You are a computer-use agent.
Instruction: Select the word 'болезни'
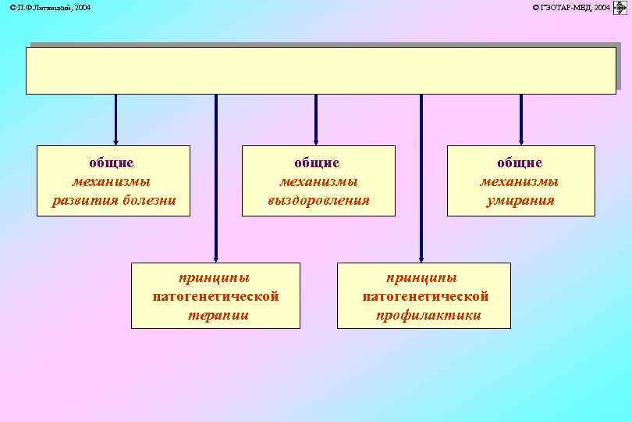(149, 200)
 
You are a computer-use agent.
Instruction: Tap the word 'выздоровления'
(318, 200)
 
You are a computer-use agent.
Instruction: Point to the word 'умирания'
(520, 200)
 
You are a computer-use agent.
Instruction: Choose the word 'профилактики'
(428, 315)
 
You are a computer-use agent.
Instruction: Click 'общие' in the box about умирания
(520, 163)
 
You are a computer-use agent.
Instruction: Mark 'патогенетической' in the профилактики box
(425, 296)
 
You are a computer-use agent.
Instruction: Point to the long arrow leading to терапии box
(216, 180)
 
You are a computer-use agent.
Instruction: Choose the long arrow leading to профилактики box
(421, 180)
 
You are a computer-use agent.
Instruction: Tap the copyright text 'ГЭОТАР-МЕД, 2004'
(570, 7)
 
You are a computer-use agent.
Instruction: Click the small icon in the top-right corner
(622, 8)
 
